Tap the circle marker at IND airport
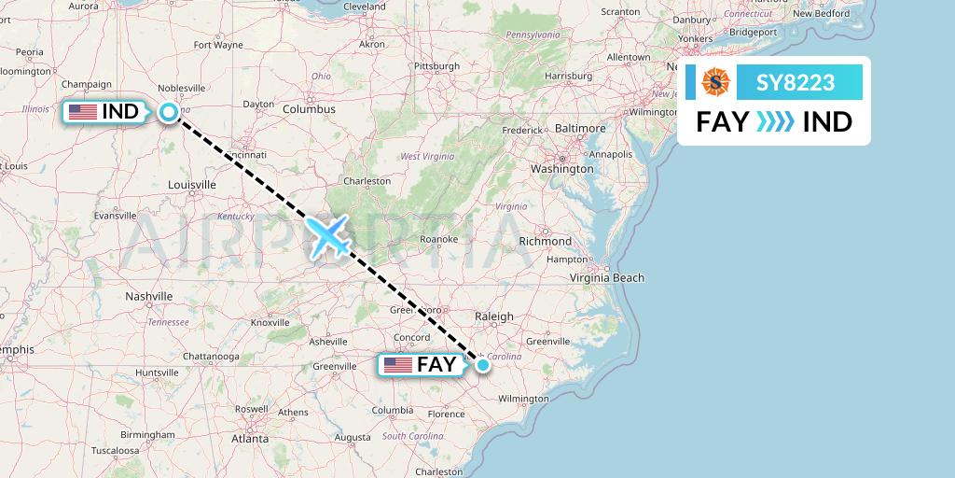point(169,112)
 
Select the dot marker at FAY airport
point(482,365)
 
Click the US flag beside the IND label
point(82,112)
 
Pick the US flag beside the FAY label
point(396,365)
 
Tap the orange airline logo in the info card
point(715,83)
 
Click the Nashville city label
point(149,296)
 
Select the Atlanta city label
point(249,438)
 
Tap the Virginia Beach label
point(606,277)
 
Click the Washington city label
point(561,169)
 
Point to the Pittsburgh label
point(437,66)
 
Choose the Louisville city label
point(192,185)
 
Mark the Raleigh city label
point(494,316)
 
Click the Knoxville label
point(270,323)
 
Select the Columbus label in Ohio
point(310,109)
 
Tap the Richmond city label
point(545,241)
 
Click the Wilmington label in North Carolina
point(523,399)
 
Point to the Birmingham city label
point(147,435)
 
